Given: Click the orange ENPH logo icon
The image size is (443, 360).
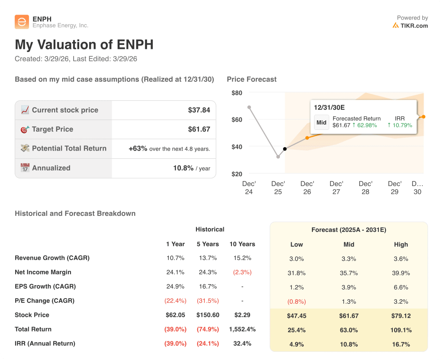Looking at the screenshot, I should [22, 22].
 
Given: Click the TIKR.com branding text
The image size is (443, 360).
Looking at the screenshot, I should [414, 26].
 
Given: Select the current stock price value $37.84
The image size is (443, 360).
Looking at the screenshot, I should [199, 110].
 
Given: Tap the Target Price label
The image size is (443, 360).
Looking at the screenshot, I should [52, 129].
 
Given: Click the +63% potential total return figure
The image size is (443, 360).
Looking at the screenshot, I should [138, 148].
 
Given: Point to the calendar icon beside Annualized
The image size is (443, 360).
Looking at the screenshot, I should [25, 168].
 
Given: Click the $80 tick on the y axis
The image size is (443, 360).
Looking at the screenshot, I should [237, 93].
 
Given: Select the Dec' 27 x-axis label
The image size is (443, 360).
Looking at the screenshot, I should [336, 187].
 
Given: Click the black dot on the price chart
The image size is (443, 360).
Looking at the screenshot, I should [285, 149].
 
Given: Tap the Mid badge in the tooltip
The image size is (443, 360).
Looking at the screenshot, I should [321, 122].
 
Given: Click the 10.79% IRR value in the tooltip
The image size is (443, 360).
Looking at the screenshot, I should [400, 125].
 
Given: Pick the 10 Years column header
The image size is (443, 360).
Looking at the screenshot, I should [242, 244].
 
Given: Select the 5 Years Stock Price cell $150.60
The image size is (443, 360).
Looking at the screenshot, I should [208, 315].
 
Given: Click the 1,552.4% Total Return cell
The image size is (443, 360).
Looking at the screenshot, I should [242, 329].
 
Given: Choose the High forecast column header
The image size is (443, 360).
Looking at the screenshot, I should [401, 244].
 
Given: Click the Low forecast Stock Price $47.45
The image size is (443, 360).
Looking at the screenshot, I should [297, 316].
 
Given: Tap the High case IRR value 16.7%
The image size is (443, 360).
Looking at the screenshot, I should [401, 344].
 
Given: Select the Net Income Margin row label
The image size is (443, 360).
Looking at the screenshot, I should [43, 272].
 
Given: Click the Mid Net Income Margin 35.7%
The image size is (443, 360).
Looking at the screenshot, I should [349, 273].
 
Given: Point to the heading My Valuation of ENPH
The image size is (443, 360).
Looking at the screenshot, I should [84, 45].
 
